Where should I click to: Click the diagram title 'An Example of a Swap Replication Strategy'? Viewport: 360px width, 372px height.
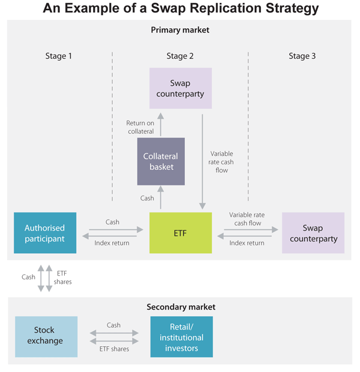coord(180,9)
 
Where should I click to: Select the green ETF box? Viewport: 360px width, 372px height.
coord(180,232)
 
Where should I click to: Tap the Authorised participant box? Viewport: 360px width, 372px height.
coord(45,232)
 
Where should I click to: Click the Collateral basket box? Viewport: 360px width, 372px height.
coord(160,161)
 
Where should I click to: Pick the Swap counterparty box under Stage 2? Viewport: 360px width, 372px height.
coord(180,88)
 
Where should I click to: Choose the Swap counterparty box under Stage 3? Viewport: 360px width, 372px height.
coord(313,233)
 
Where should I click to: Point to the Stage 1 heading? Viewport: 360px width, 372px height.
coord(59,56)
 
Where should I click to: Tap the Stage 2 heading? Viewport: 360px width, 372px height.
coord(180,56)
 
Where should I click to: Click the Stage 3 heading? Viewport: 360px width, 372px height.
coord(302,56)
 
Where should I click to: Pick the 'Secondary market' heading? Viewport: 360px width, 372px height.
coord(181,307)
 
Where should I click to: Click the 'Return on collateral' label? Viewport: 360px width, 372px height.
coord(140,127)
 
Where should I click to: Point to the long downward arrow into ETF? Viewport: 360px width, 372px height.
coord(203,159)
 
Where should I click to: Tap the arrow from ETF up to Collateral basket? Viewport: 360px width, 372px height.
coord(160,199)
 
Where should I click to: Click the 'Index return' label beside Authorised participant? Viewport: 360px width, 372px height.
coord(112,242)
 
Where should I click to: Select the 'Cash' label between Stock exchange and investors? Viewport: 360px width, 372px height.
coord(113,325)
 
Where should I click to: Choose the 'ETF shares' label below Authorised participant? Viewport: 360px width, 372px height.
coord(63,277)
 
